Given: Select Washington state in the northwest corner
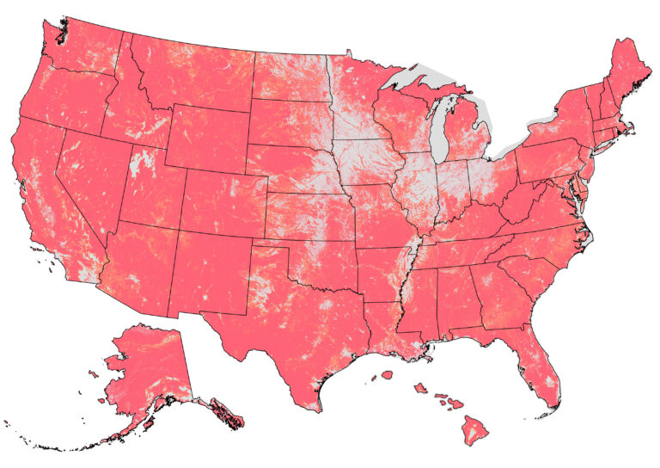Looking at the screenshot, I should point(82,47).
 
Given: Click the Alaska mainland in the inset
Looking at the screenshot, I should point(146,361).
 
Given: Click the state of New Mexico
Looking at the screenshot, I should point(211,267).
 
